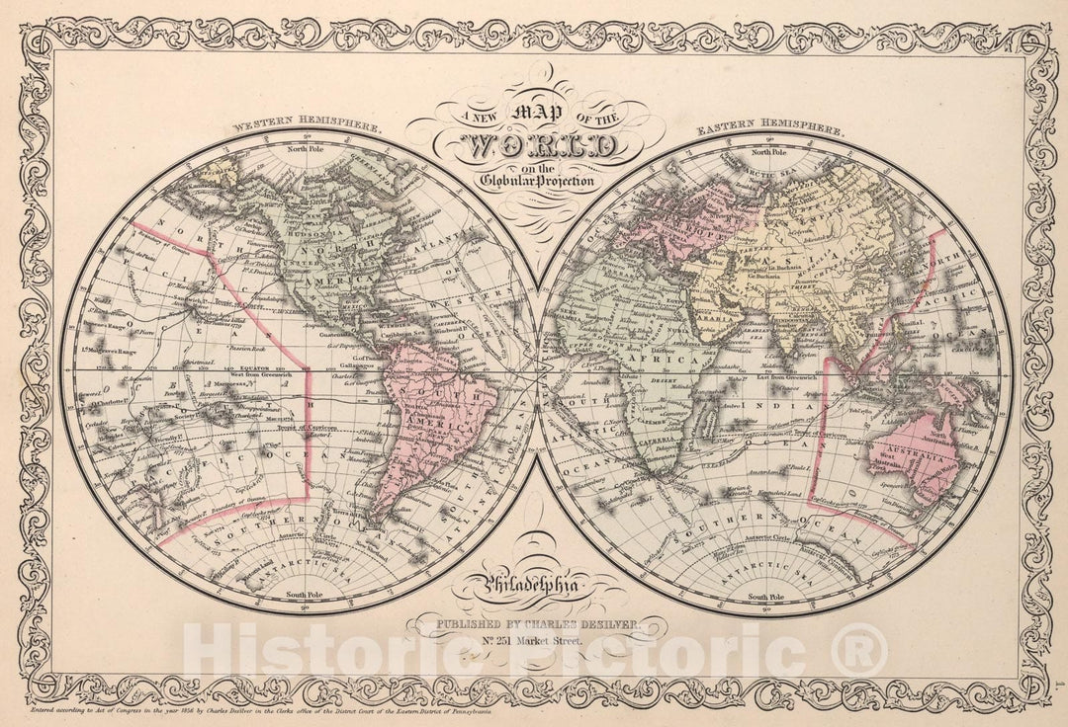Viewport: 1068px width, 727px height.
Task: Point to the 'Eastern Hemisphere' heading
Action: click(x=769, y=129)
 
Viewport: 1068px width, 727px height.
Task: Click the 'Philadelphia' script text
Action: click(x=536, y=590)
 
